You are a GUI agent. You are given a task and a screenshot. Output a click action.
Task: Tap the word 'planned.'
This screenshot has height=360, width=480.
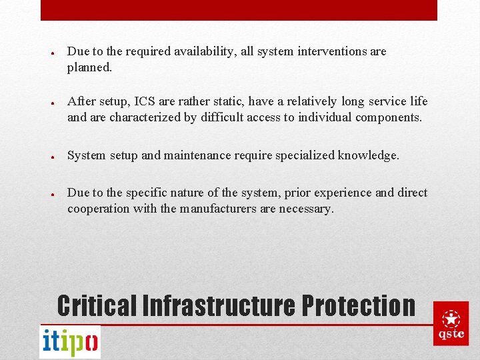coord(89,67)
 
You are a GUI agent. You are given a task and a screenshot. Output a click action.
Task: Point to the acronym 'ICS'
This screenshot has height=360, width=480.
coord(146,101)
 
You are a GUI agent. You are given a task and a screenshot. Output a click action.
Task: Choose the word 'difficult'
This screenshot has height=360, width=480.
coord(221,117)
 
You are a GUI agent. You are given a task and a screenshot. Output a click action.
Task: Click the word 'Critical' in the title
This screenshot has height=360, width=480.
coord(97,305)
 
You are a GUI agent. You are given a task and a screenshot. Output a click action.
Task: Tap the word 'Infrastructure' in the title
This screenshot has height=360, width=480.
coord(219,305)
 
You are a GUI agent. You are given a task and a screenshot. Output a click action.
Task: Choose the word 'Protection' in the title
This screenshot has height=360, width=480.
coord(359,305)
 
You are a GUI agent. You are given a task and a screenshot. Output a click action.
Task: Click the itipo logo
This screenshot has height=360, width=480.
coord(70,342)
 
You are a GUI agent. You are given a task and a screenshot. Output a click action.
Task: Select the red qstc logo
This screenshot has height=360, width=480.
coord(451,323)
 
